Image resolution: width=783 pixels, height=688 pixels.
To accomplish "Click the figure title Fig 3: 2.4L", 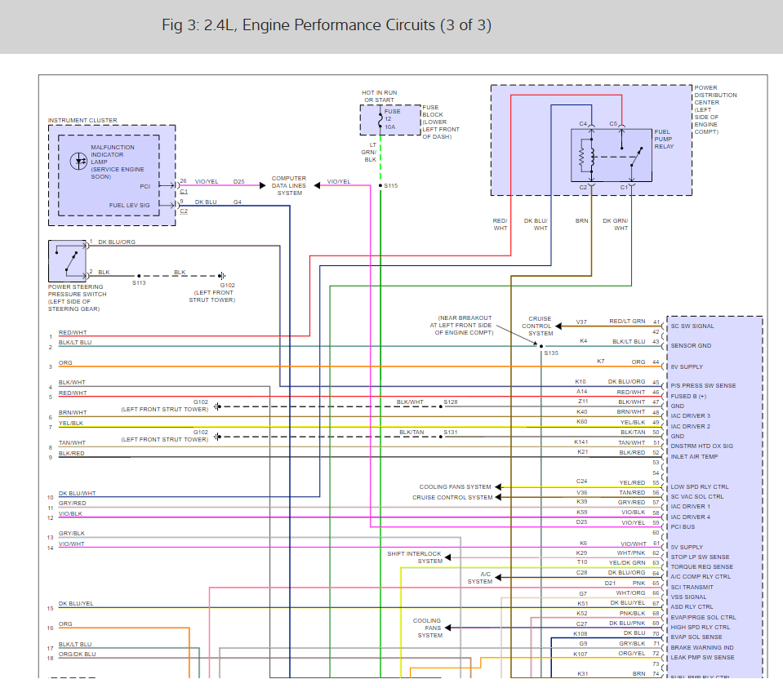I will (327, 25).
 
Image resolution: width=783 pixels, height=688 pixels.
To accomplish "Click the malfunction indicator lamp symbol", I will (80, 162).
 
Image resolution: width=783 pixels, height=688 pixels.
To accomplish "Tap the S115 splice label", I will (390, 186).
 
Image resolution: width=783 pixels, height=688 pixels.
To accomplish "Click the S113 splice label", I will (139, 283).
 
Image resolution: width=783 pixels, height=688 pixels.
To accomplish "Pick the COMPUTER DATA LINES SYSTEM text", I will (289, 185).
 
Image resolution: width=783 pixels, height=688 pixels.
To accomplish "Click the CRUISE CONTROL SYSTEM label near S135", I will (540, 326).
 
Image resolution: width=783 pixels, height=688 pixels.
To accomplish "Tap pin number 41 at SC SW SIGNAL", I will (656, 322).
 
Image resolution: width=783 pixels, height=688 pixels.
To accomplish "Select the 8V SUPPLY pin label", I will (687, 366).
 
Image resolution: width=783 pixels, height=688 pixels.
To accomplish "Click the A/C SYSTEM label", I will (481, 578).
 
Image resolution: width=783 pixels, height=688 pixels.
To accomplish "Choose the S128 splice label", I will (451, 402).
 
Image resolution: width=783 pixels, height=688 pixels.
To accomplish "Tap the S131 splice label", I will (451, 432).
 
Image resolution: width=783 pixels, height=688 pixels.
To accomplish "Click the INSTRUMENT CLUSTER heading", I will (82, 120).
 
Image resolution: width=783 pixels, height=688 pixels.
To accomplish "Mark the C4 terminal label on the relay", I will (583, 123).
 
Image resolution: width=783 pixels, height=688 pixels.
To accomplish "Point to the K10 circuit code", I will (581, 381).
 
